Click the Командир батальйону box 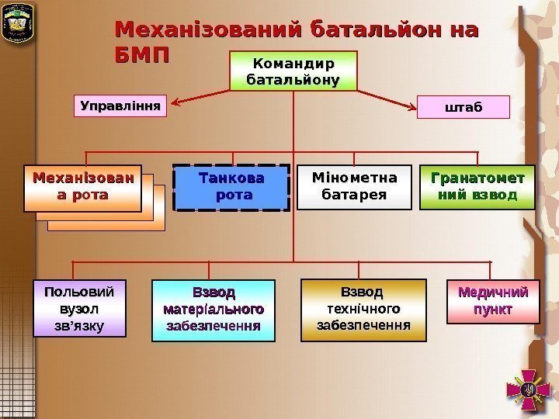point(293,71)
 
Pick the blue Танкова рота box point(231,188)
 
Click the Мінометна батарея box point(354,188)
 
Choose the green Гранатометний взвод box point(477,188)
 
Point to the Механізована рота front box point(82,188)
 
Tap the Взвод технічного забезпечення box point(363,310)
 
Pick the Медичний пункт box point(494,302)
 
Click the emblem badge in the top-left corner point(17,24)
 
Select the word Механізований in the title point(207,30)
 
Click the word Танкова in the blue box point(231,178)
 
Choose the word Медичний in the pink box point(494,293)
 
